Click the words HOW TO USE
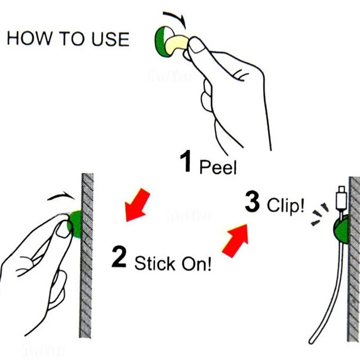point(68,39)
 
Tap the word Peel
point(218,167)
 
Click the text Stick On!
point(173,263)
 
